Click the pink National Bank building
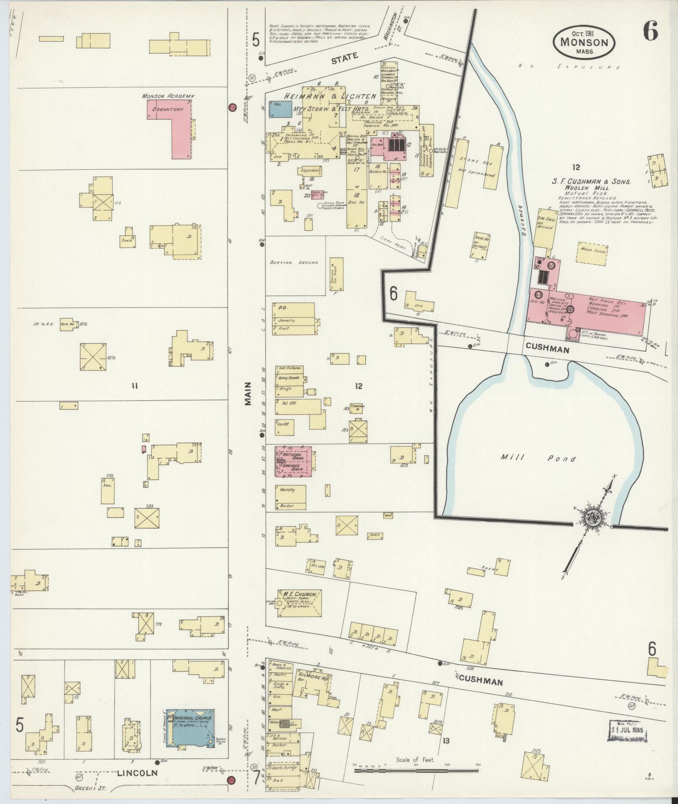(x=293, y=461)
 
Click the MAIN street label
(x=247, y=393)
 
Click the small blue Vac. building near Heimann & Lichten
(x=280, y=109)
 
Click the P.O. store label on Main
(x=281, y=307)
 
